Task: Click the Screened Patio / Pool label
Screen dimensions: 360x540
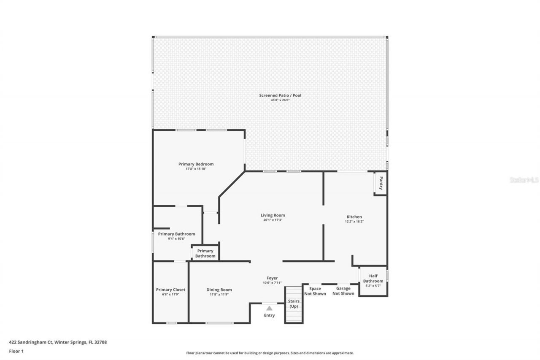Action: (x=280, y=95)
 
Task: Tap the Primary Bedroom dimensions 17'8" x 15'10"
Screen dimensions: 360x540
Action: (x=196, y=169)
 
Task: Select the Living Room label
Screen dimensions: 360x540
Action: (x=273, y=215)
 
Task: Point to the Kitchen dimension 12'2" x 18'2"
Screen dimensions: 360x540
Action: (x=354, y=222)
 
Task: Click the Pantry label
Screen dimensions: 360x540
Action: (x=381, y=183)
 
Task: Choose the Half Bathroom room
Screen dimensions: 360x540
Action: (x=373, y=281)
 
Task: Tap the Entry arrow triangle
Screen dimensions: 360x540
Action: (x=269, y=308)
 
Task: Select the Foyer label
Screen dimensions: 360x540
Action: (x=272, y=278)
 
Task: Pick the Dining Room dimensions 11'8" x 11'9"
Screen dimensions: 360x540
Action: (x=219, y=295)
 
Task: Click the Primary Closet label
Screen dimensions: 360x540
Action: (x=170, y=290)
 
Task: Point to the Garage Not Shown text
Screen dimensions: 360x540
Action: (x=343, y=291)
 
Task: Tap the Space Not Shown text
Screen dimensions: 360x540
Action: (x=315, y=291)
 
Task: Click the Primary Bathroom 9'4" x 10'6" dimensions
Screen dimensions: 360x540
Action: (x=176, y=239)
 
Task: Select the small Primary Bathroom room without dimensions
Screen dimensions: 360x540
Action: (x=205, y=253)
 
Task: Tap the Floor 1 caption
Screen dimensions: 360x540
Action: (x=16, y=351)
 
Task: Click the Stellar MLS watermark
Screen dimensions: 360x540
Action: (x=524, y=180)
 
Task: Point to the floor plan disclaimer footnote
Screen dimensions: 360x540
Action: (x=270, y=353)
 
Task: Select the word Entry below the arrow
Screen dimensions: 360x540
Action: (x=269, y=315)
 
